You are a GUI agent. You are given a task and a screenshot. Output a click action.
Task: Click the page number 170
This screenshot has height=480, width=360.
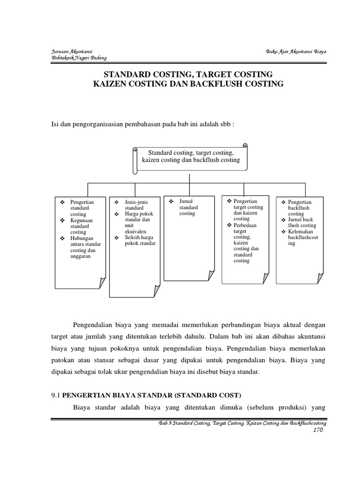318,431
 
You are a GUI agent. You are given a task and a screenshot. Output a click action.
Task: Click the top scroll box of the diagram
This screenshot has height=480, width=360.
190,157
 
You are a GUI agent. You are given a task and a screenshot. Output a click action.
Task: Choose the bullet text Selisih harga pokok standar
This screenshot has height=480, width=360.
140,240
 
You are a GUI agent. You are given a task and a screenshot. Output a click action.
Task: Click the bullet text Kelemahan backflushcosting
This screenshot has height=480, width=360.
302,238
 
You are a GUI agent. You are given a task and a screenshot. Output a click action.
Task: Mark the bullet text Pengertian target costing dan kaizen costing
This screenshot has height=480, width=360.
248,210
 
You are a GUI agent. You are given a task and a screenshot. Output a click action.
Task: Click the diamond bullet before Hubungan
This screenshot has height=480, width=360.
62,238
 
